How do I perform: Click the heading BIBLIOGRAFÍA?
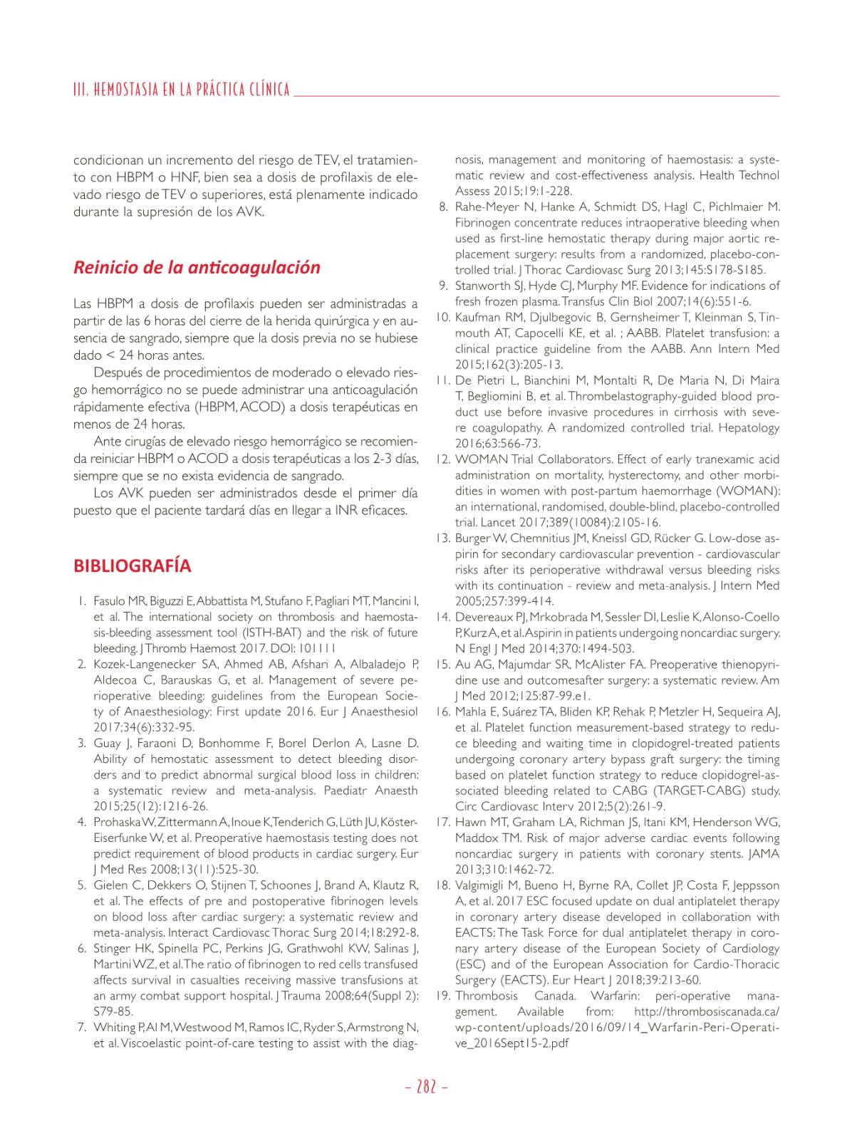point(132,566)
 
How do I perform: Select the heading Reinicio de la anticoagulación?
point(197,268)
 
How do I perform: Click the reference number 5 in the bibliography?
point(82,885)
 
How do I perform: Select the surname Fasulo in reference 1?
point(110,601)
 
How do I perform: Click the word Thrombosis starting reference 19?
point(487,996)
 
